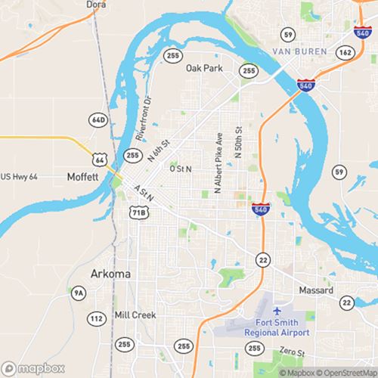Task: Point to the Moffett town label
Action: click(x=82, y=175)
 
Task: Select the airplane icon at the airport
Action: click(x=277, y=311)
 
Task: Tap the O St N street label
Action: click(x=181, y=169)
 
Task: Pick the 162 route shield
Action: click(x=345, y=52)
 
